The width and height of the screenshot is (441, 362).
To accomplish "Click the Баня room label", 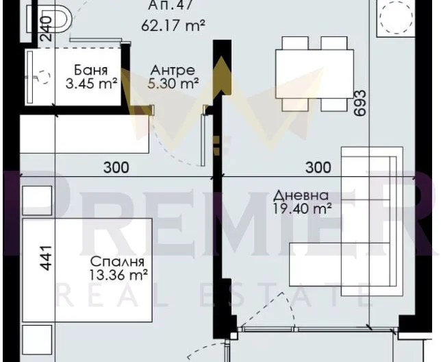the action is point(90,70).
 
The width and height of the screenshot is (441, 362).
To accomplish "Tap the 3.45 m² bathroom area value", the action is point(91,84).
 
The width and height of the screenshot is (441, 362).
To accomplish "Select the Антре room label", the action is point(173,70).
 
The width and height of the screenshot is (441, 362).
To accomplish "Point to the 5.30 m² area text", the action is point(173,84).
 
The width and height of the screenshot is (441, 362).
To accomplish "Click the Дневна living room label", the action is point(301,195).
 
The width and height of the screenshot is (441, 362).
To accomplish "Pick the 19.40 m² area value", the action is point(302,208).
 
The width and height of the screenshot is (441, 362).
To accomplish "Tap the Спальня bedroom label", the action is point(117,262).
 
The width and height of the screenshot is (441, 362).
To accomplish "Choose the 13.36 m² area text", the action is point(118,275).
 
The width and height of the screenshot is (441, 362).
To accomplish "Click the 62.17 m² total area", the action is point(173,25).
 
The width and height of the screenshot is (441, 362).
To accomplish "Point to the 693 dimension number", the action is point(360,103).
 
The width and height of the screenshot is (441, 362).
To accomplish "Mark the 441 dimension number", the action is point(46,258).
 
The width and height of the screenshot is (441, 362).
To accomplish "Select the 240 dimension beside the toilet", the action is point(46,28).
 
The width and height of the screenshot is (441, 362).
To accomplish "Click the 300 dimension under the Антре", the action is point(116,167).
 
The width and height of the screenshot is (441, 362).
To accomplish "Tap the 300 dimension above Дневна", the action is point(318,167).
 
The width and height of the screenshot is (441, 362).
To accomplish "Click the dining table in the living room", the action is point(314,74).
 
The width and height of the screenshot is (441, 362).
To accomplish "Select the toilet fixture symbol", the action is point(49,19).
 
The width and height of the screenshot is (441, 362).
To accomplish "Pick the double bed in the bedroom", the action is point(87,270).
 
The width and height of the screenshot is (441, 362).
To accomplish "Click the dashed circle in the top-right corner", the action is point(396,17).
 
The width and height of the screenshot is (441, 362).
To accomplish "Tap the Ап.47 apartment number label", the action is point(170,5).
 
